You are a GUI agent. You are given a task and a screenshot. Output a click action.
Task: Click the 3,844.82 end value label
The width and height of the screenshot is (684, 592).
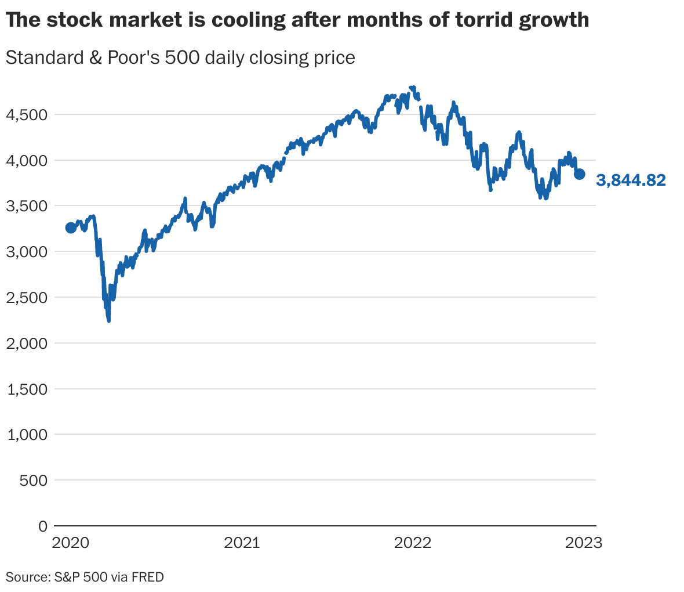[x=631, y=181]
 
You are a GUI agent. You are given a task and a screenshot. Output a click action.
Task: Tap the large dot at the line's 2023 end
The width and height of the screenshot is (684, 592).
[x=579, y=174]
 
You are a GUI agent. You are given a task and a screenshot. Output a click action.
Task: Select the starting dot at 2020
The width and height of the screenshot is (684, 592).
[x=71, y=228]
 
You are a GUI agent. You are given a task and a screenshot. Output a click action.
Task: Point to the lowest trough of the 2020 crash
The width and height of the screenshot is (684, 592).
[x=108, y=320]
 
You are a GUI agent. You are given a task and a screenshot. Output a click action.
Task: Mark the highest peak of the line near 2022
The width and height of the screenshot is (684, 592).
[x=412, y=88]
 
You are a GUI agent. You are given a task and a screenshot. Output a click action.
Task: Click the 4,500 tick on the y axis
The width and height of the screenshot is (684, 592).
[x=26, y=114]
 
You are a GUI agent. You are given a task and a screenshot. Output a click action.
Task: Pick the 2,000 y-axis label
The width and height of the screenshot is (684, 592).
[x=26, y=343]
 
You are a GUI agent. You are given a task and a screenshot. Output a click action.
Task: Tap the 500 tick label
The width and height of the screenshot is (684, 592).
[x=34, y=481]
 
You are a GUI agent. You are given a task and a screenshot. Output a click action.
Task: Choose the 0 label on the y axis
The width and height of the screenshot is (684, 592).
[x=42, y=526]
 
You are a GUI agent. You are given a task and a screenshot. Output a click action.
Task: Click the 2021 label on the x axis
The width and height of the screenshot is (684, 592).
[x=242, y=543]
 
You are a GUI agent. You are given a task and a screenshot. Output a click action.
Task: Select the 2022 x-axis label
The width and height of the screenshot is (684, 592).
[x=412, y=543]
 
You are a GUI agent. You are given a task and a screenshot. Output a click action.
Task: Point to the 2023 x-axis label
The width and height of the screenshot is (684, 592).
[x=584, y=543]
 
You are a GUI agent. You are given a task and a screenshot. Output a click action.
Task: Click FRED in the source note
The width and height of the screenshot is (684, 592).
[x=148, y=577]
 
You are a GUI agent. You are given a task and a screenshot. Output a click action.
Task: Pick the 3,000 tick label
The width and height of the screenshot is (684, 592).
[x=26, y=251]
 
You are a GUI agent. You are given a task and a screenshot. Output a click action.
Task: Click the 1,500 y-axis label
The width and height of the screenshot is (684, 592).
[x=26, y=389]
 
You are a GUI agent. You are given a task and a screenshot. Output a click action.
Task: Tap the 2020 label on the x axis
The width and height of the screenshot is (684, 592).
[x=71, y=543]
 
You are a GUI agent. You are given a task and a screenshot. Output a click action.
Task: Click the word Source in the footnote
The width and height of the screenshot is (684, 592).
[x=26, y=577]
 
